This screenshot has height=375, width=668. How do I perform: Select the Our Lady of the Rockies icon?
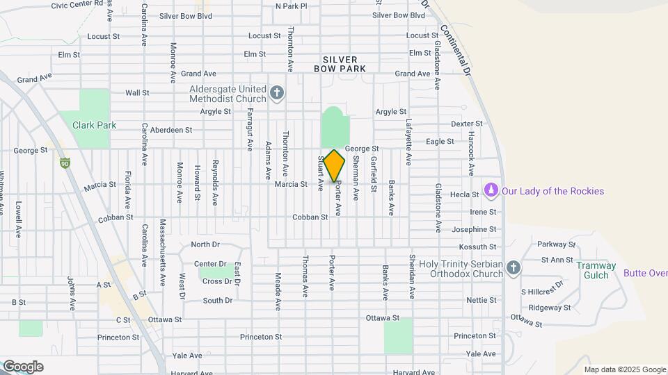491,191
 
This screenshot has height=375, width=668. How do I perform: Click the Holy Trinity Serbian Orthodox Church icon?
513,268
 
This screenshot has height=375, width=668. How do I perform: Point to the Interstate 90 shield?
65,163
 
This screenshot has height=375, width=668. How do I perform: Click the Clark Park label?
94,126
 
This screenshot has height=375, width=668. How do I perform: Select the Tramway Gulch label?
596,270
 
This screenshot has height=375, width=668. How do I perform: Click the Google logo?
22,367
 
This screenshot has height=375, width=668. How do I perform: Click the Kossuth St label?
478,247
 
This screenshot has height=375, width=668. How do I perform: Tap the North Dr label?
205,244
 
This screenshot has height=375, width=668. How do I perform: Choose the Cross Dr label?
217,281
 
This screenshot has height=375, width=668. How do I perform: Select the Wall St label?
137,92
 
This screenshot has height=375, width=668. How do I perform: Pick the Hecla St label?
466,196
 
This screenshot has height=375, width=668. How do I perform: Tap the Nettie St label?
482,300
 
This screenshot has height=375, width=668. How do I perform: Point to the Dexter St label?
467,124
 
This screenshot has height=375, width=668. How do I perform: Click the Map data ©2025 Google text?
624,369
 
